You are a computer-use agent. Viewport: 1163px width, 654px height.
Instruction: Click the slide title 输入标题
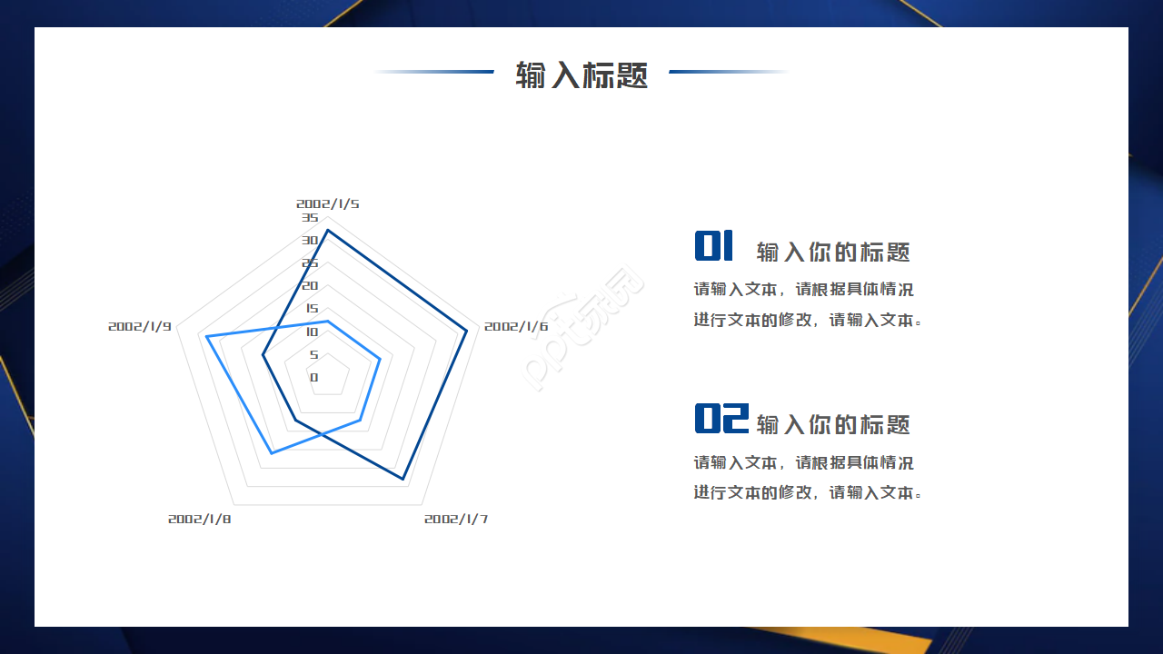point(581,74)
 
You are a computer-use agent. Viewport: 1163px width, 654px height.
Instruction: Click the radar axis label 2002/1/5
point(327,203)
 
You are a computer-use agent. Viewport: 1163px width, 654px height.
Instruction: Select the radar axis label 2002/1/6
point(516,326)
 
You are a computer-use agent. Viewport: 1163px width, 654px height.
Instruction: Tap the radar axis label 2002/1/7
point(456,519)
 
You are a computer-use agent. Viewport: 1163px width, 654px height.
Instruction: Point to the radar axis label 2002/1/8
point(200,519)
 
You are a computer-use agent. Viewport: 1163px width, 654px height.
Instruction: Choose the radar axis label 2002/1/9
point(140,326)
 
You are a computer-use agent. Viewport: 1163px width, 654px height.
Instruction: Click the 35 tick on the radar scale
point(310,218)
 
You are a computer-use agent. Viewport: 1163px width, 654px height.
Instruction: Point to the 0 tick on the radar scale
point(314,377)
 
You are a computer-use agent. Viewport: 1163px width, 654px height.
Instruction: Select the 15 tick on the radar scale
point(312,309)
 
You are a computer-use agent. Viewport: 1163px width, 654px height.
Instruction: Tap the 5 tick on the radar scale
point(314,354)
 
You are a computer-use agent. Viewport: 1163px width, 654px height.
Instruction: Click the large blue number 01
point(714,246)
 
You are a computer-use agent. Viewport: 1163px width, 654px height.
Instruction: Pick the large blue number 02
point(721,419)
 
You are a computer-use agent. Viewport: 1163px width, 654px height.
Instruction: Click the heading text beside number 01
point(833,252)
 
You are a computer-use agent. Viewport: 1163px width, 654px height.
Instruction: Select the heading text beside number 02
point(833,424)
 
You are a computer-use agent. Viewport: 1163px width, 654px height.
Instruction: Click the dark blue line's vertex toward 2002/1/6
point(467,330)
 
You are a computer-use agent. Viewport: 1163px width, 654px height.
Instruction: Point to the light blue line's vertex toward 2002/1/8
point(271,452)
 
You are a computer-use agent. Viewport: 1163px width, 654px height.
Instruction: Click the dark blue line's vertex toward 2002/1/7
point(403,479)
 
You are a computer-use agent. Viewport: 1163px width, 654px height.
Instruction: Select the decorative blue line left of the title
point(434,72)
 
